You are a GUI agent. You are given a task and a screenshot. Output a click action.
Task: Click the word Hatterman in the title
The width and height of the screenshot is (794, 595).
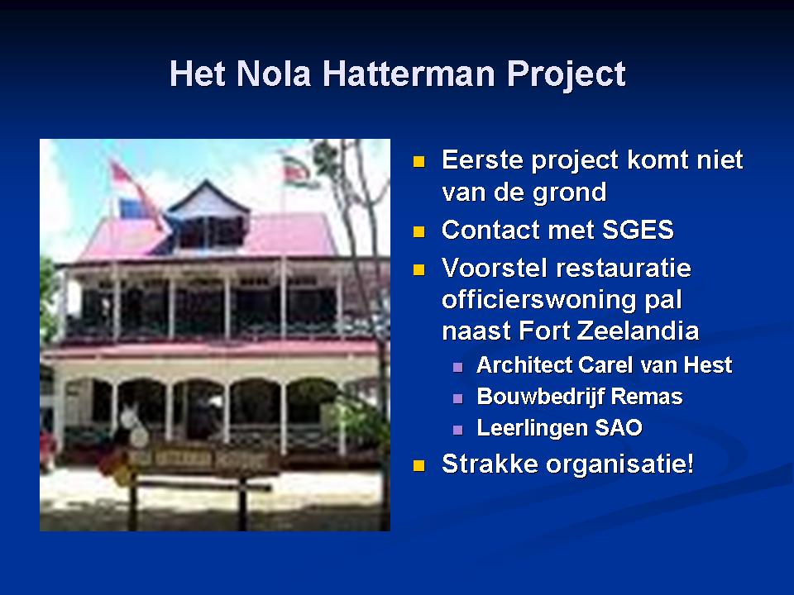click(408, 74)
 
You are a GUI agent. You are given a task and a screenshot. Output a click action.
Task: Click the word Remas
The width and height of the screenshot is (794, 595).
click(647, 397)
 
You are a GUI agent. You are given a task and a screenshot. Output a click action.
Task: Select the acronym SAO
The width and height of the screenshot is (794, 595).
click(619, 428)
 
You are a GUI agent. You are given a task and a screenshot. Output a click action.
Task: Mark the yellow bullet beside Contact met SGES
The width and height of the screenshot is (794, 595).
click(419, 231)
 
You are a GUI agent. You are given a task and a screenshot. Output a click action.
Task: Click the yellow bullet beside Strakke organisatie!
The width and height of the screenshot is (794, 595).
click(419, 465)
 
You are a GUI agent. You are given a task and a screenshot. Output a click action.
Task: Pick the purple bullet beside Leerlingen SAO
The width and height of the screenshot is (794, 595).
click(457, 430)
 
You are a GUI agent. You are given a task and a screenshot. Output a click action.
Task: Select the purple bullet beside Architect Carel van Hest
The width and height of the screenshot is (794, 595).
click(457, 367)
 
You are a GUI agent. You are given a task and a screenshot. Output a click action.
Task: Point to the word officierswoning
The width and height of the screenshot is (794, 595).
click(538, 299)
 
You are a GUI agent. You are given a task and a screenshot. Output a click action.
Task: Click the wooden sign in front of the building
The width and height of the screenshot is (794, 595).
click(198, 461)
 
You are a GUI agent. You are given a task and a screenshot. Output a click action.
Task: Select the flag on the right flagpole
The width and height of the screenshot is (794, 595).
click(299, 171)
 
